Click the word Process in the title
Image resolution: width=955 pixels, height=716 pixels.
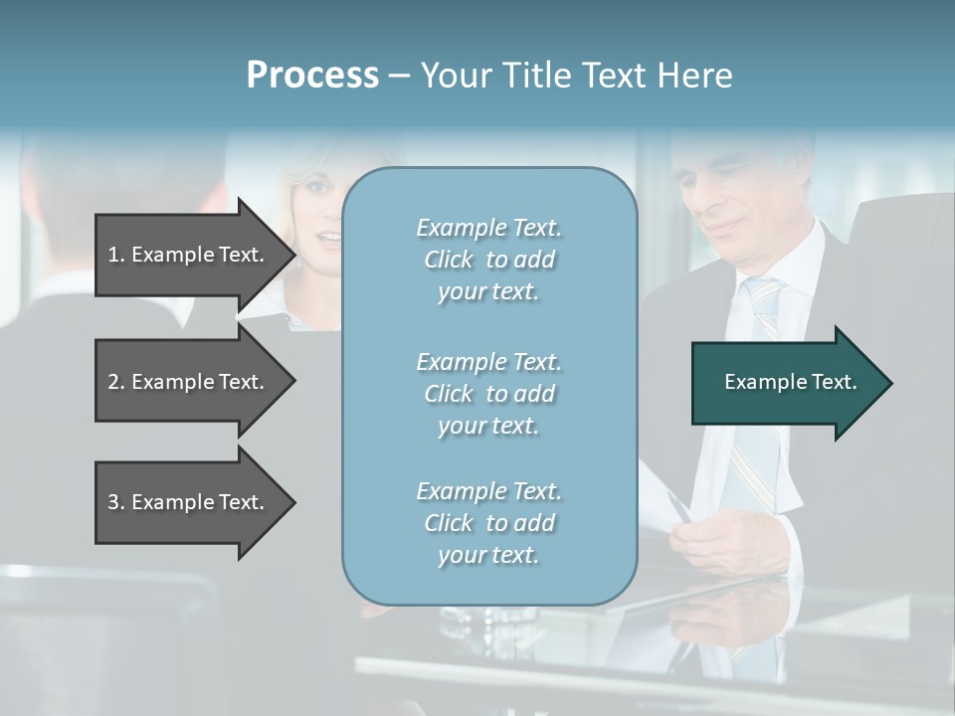coord(312,76)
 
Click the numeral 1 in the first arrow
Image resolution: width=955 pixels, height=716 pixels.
coord(113,256)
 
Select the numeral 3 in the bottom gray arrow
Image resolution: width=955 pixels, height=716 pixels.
coord(113,503)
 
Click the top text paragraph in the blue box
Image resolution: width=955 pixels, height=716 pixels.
coord(488,260)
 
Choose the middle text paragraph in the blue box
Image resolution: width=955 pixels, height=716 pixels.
coord(488,394)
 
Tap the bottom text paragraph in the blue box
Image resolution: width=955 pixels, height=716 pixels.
coord(488,523)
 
